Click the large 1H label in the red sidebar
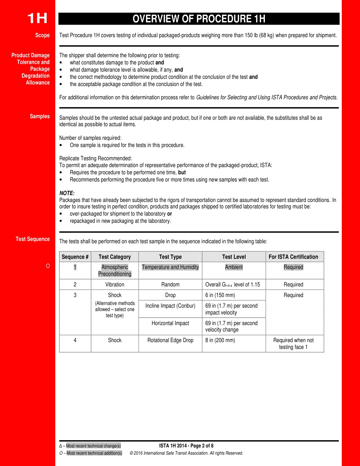pyautogui.click(x=37, y=19)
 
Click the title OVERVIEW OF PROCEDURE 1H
pyautogui.click(x=199, y=19)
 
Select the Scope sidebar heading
pyautogui.click(x=42, y=35)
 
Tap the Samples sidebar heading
pyautogui.click(x=40, y=116)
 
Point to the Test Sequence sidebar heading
pyautogui.click(x=33, y=239)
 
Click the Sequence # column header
pyautogui.click(x=75, y=257)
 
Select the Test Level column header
pyautogui.click(x=234, y=257)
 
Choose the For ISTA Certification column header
pyautogui.click(x=293, y=257)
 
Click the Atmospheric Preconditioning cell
pyautogui.click(x=115, y=271)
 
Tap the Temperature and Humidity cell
pyautogui.click(x=170, y=267)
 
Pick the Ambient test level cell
pyautogui.click(x=234, y=267)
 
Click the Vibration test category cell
pyautogui.click(x=115, y=285)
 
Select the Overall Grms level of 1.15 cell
pyautogui.click(x=232, y=285)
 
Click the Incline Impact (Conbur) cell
pyautogui.click(x=170, y=306)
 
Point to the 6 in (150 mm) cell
pyautogui.click(x=220, y=295)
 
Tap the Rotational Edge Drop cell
pyautogui.click(x=170, y=340)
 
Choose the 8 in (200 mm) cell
pyautogui.click(x=220, y=340)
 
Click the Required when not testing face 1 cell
pyautogui.click(x=293, y=344)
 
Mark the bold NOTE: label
pyautogui.click(x=67, y=193)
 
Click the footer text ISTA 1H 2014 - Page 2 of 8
pyautogui.click(x=186, y=446)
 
